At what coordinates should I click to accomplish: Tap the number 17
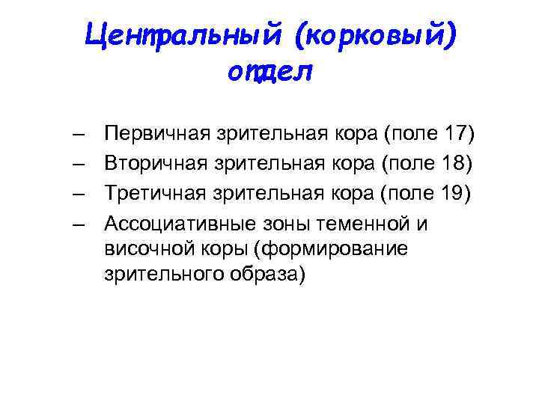pyautogui.click(x=454, y=134)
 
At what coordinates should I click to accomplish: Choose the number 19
pyautogui.click(x=451, y=193)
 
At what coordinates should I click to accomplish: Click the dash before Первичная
pyautogui.click(x=79, y=135)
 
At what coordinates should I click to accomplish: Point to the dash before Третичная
pyautogui.click(x=79, y=194)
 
